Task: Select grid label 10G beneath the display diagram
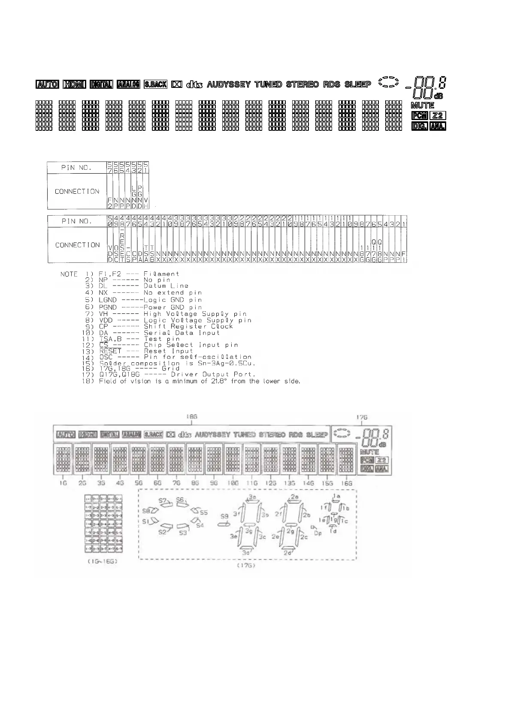pyautogui.click(x=233, y=483)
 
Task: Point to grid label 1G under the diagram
pyautogui.click(x=63, y=483)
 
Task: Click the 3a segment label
pyautogui.click(x=253, y=496)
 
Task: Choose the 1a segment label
pyautogui.click(x=337, y=496)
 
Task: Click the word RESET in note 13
pyautogui.click(x=110, y=351)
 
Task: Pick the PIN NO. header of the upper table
pyautogui.click(x=76, y=168)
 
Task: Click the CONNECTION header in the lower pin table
pyautogui.click(x=77, y=245)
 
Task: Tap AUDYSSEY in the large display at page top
pyautogui.click(x=229, y=84)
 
